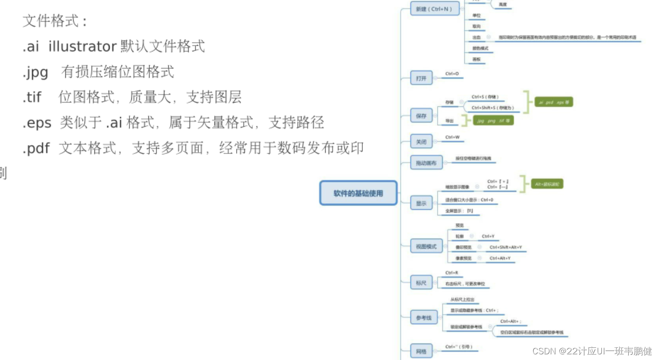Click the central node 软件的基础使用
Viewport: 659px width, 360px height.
click(x=358, y=193)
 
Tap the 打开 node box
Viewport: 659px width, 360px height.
click(x=421, y=78)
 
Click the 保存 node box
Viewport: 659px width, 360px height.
click(x=421, y=116)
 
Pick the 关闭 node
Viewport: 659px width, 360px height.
click(x=421, y=141)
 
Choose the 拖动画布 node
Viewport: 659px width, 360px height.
click(x=426, y=163)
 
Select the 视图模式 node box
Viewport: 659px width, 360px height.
click(x=426, y=246)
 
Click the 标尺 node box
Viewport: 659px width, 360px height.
click(x=421, y=283)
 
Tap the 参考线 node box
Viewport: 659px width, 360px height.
click(x=424, y=318)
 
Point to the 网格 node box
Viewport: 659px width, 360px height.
click(x=421, y=351)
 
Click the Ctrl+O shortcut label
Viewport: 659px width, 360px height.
click(x=452, y=74)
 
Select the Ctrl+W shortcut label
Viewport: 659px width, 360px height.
click(x=452, y=137)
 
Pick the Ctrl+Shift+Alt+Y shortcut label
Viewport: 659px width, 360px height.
click(x=505, y=247)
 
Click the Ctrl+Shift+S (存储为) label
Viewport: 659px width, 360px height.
click(x=493, y=108)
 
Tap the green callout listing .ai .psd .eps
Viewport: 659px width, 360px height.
click(x=553, y=102)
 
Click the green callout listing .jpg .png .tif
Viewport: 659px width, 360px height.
click(x=493, y=121)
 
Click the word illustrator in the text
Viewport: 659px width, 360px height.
click(x=82, y=46)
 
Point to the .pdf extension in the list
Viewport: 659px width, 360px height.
click(x=36, y=148)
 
